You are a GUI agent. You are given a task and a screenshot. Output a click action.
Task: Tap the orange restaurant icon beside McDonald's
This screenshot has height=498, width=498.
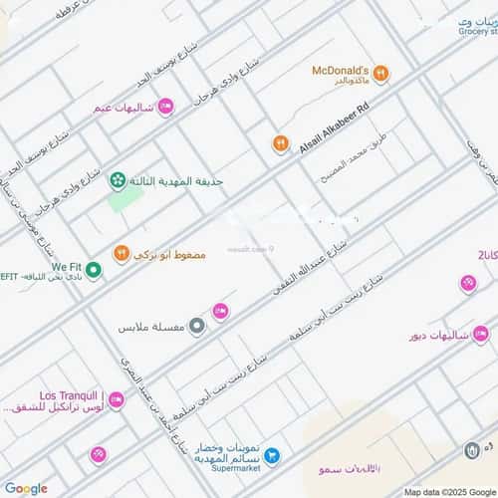[x=381, y=74]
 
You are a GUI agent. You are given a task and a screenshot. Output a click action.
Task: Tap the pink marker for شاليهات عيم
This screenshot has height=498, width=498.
[x=165, y=107]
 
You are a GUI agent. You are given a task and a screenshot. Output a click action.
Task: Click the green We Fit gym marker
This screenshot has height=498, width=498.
[x=93, y=270]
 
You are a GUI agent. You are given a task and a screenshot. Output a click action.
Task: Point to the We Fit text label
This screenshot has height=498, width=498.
[x=67, y=267]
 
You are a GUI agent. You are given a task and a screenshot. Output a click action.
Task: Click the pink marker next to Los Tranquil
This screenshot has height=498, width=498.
[x=116, y=400]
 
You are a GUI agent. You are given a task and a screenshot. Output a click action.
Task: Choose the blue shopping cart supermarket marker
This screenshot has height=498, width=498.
[x=272, y=455]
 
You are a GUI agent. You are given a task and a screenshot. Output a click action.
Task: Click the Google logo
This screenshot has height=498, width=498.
[x=25, y=488]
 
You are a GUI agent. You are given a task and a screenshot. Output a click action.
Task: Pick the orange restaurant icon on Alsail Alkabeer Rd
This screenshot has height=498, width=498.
[x=280, y=144]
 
